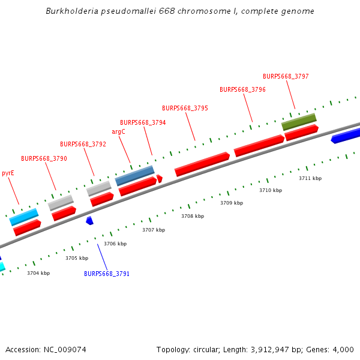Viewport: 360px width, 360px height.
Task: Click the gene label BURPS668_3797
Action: point(286,76)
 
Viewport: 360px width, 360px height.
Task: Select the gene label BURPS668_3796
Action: point(242,89)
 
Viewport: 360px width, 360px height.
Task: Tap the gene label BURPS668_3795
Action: point(185,108)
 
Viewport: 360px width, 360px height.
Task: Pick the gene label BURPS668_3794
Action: point(143,122)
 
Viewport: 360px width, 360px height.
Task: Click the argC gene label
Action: point(118,131)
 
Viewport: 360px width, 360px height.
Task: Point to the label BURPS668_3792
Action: point(83,144)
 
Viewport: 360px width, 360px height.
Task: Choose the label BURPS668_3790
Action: point(44,158)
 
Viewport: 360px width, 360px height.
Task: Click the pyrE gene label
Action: point(8,173)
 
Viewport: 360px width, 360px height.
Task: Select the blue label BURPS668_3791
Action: point(107,274)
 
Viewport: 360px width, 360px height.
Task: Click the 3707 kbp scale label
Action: point(153,230)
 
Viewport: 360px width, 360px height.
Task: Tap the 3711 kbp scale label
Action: point(310,178)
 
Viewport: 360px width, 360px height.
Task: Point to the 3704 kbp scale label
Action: point(38,273)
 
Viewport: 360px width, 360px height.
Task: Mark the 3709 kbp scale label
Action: point(232,203)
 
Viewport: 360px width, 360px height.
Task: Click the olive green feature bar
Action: point(299,121)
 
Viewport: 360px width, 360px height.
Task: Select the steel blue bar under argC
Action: point(134,175)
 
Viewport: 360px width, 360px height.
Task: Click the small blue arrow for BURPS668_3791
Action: point(89,221)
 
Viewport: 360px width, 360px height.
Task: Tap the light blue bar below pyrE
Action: point(24,217)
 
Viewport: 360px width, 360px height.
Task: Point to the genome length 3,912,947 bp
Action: point(275,350)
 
